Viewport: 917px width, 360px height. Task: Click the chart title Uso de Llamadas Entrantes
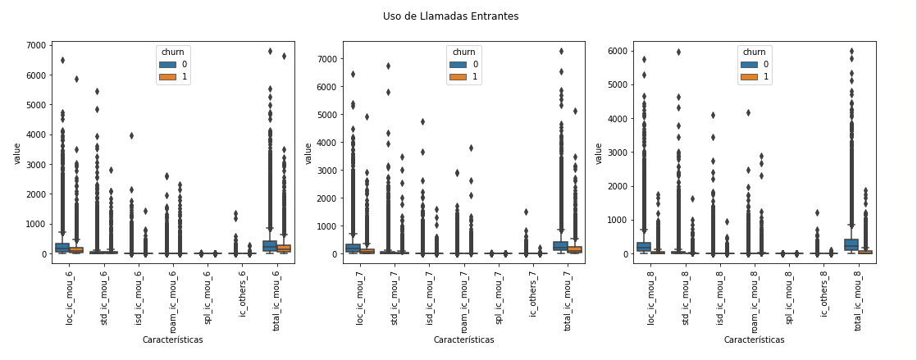(450, 16)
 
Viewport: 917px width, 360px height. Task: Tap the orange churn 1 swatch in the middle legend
(458, 77)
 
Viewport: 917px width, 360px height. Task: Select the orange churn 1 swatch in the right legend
(748, 77)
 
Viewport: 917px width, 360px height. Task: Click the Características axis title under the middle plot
(463, 339)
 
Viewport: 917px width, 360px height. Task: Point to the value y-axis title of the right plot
(599, 153)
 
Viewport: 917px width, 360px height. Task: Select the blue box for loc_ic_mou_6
(62, 247)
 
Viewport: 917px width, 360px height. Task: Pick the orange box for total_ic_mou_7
(574, 249)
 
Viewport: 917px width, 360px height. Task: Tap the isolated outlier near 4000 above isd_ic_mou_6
(131, 135)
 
